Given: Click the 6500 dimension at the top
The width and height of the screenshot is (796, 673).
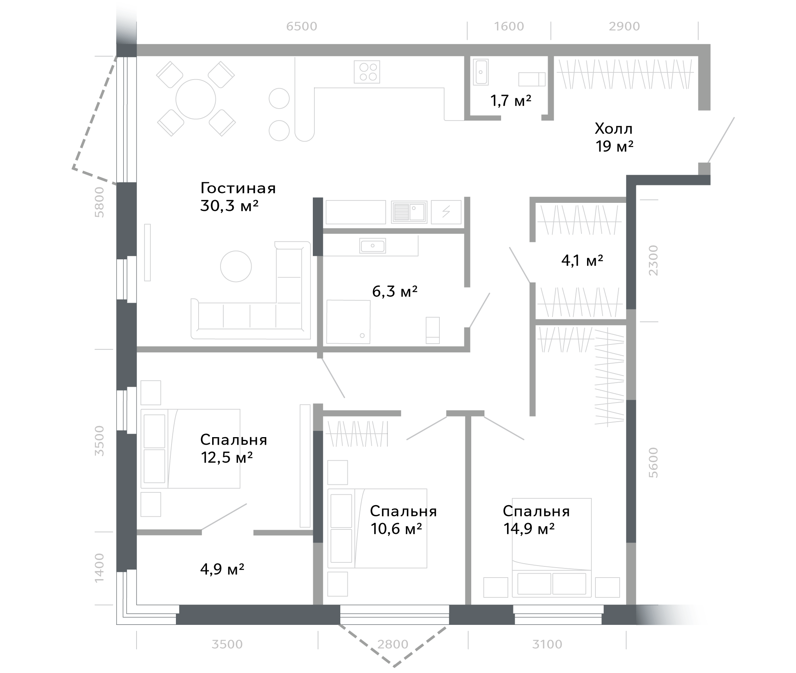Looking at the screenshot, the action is pos(302,27).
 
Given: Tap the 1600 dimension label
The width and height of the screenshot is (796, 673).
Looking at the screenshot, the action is pos(509,27).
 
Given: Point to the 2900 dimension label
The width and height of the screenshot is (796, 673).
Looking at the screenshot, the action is pos(624,27).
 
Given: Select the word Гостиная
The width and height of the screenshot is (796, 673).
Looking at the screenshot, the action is pos(238,188).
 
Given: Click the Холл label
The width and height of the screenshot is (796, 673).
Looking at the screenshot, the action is pos(613,129).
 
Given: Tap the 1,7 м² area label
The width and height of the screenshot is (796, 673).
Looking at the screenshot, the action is pos(511,101).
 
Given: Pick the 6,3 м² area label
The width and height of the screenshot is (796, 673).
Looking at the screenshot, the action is pos(395,292).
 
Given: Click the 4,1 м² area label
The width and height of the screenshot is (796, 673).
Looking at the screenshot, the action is pos(582,261).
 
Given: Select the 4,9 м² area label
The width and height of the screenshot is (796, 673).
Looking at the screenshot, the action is pos(222,569).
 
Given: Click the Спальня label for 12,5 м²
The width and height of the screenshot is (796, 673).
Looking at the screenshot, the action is pos(234,440).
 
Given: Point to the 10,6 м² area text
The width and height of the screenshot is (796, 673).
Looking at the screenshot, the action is pos(396,529).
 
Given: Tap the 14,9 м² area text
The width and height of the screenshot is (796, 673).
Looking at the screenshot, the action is pos(529,529).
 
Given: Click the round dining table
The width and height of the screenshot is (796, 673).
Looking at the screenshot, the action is pos(196,99).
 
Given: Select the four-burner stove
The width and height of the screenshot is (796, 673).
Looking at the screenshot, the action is pos(367,72).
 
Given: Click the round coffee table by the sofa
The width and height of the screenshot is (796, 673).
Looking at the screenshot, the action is pos(236,266).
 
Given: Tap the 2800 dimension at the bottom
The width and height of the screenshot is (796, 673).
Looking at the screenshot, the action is pos(393,644).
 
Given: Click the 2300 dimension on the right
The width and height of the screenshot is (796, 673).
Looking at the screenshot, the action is pos(654,261).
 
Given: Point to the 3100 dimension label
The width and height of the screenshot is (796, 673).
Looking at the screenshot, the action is pos(547,644).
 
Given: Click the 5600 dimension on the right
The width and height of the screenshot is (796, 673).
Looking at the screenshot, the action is pos(654,463).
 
